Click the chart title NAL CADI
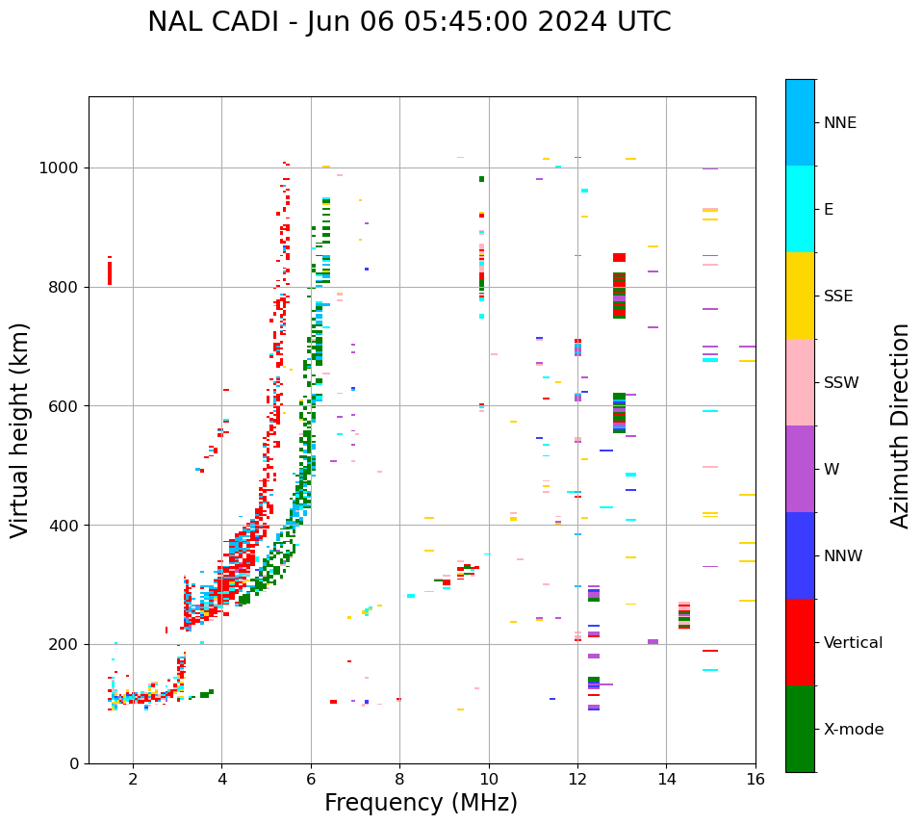click(409, 22)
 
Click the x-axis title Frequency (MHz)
click(421, 803)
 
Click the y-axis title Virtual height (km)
click(20, 430)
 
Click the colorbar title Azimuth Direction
click(900, 425)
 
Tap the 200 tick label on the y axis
click(66, 644)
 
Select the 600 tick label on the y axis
click(66, 406)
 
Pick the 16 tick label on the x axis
click(756, 779)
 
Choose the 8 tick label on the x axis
click(399, 779)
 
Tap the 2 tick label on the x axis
click(133, 779)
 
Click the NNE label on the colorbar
click(839, 123)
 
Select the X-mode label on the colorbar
click(853, 730)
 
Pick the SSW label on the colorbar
click(840, 383)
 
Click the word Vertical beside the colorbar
click(853, 643)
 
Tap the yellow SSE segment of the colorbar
click(800, 296)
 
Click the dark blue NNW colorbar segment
click(800, 555)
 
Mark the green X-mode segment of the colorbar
click(800, 729)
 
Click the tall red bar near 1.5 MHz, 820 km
click(110, 272)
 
